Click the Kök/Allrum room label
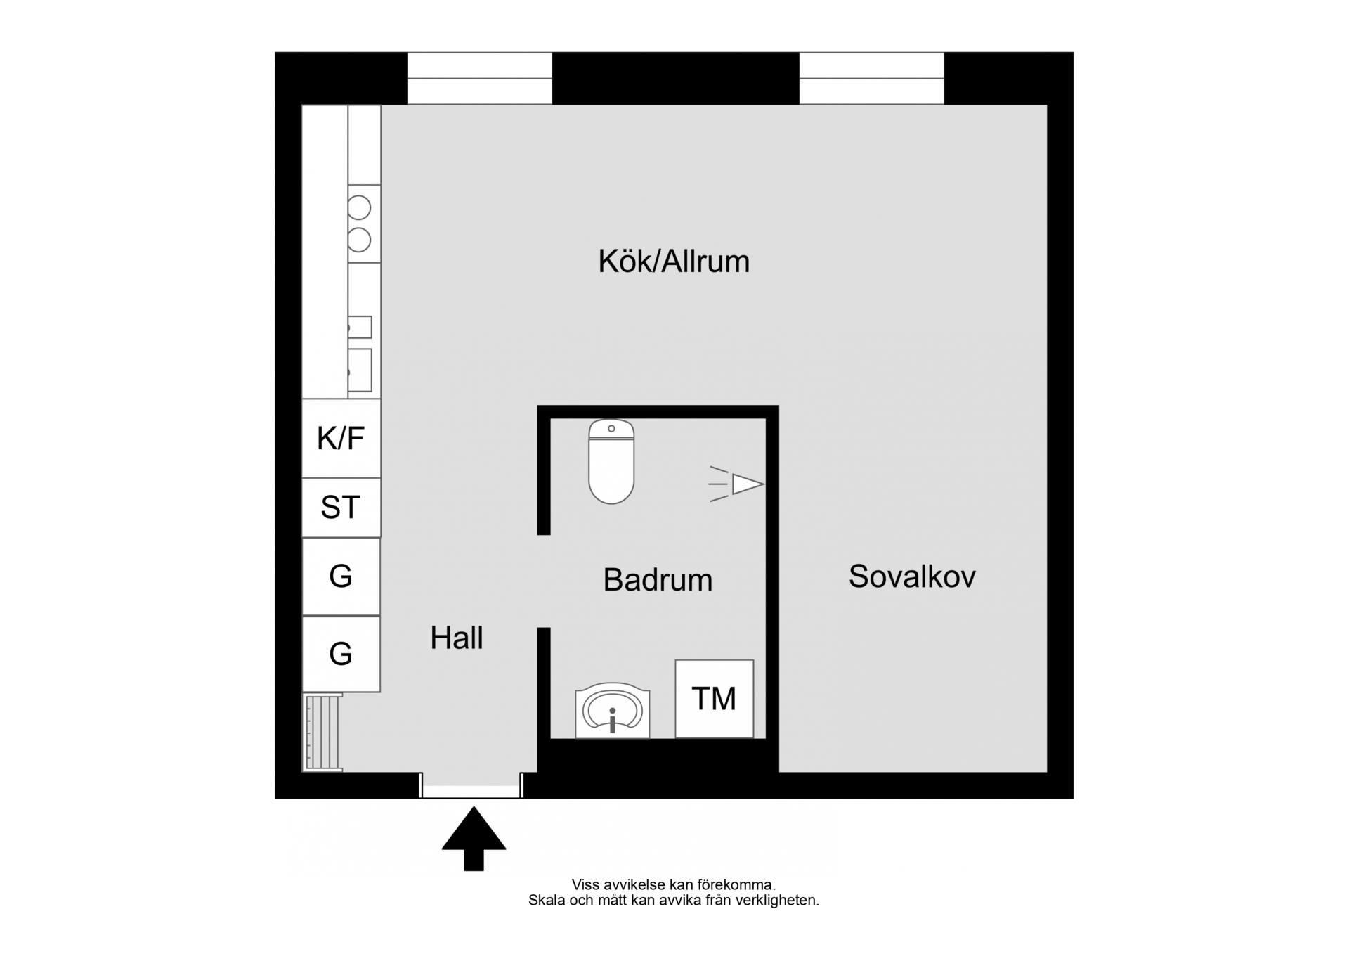coord(673,262)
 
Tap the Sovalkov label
coord(911,576)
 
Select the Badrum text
coord(658,580)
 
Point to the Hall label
coord(456,638)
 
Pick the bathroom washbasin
coord(612,711)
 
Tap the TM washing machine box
coord(714,699)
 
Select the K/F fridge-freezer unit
coord(341,438)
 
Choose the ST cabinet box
coord(341,508)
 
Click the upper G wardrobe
coord(341,576)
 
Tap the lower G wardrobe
coord(341,654)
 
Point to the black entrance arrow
coord(474,837)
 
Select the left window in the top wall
coord(479,79)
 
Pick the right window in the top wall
coord(871,79)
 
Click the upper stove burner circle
coord(359,207)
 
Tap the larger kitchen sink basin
coord(360,370)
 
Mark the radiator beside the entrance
coord(322,733)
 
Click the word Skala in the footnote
coord(546,901)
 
